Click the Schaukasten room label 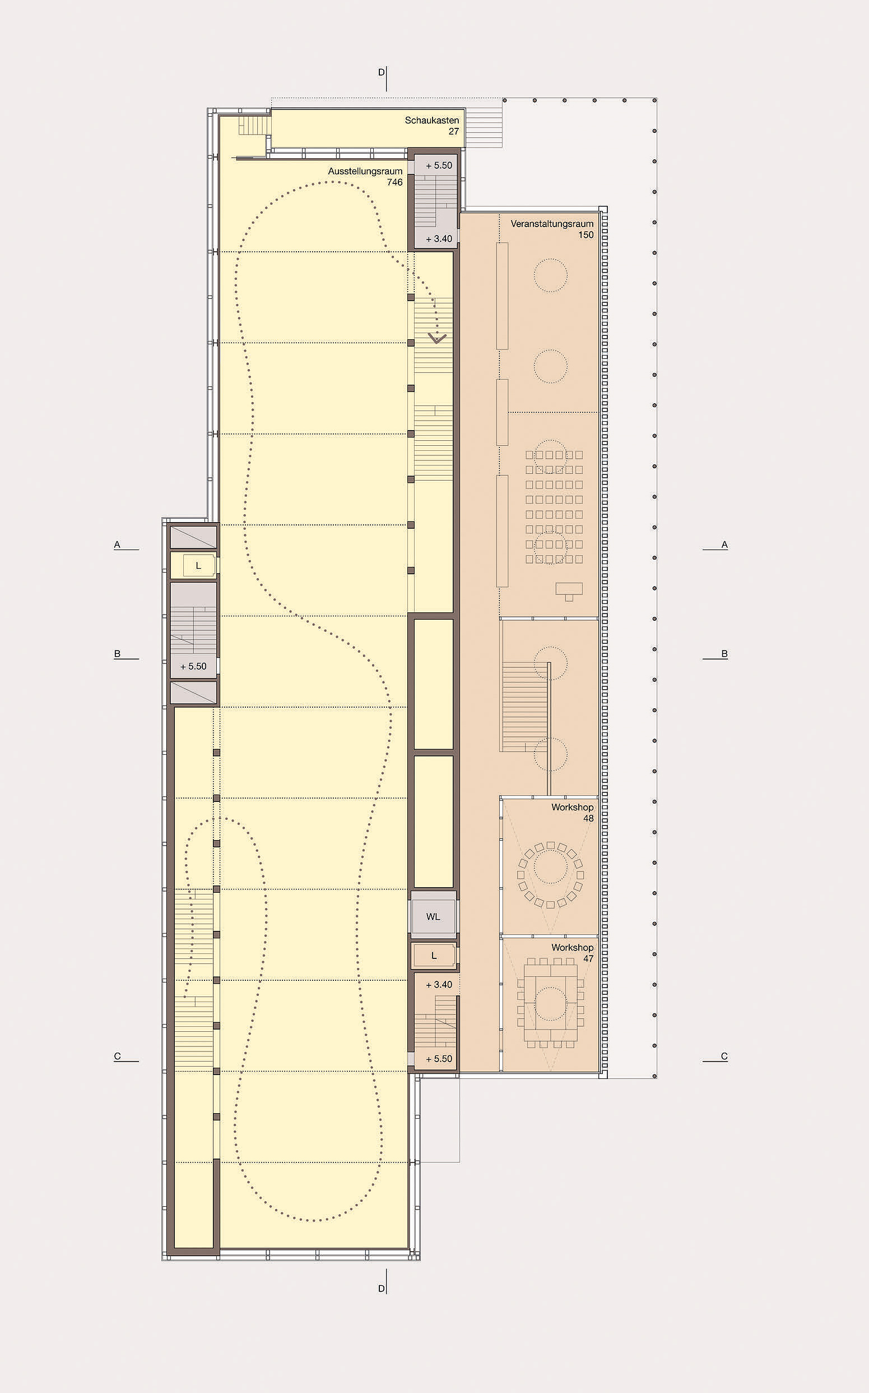(431, 120)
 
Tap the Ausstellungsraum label (365, 171)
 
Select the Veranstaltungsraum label (552, 224)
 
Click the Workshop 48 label (572, 812)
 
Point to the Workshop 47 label (572, 952)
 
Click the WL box (433, 916)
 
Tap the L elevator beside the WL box (434, 956)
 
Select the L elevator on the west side (198, 565)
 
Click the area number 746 (395, 182)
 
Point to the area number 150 (585, 234)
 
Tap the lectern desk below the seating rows (569, 591)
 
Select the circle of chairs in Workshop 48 (551, 875)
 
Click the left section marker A (117, 544)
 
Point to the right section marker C (724, 1056)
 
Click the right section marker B (724, 654)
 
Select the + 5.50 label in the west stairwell (194, 666)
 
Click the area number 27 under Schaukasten (453, 131)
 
